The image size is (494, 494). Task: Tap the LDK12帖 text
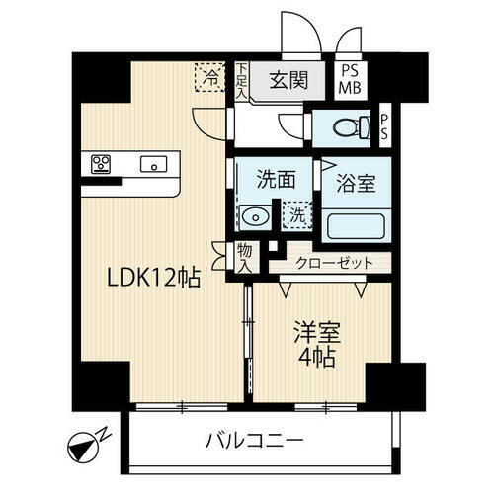tap(153, 279)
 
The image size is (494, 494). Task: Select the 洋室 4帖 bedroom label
tap(314, 341)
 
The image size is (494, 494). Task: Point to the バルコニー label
tap(255, 438)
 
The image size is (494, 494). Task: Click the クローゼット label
tap(334, 263)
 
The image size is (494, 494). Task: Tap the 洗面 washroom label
tap(274, 181)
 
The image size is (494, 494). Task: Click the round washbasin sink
tap(255, 215)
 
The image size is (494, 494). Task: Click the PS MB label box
tap(351, 79)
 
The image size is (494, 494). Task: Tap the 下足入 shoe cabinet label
tap(242, 80)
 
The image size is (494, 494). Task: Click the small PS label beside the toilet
tap(385, 126)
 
